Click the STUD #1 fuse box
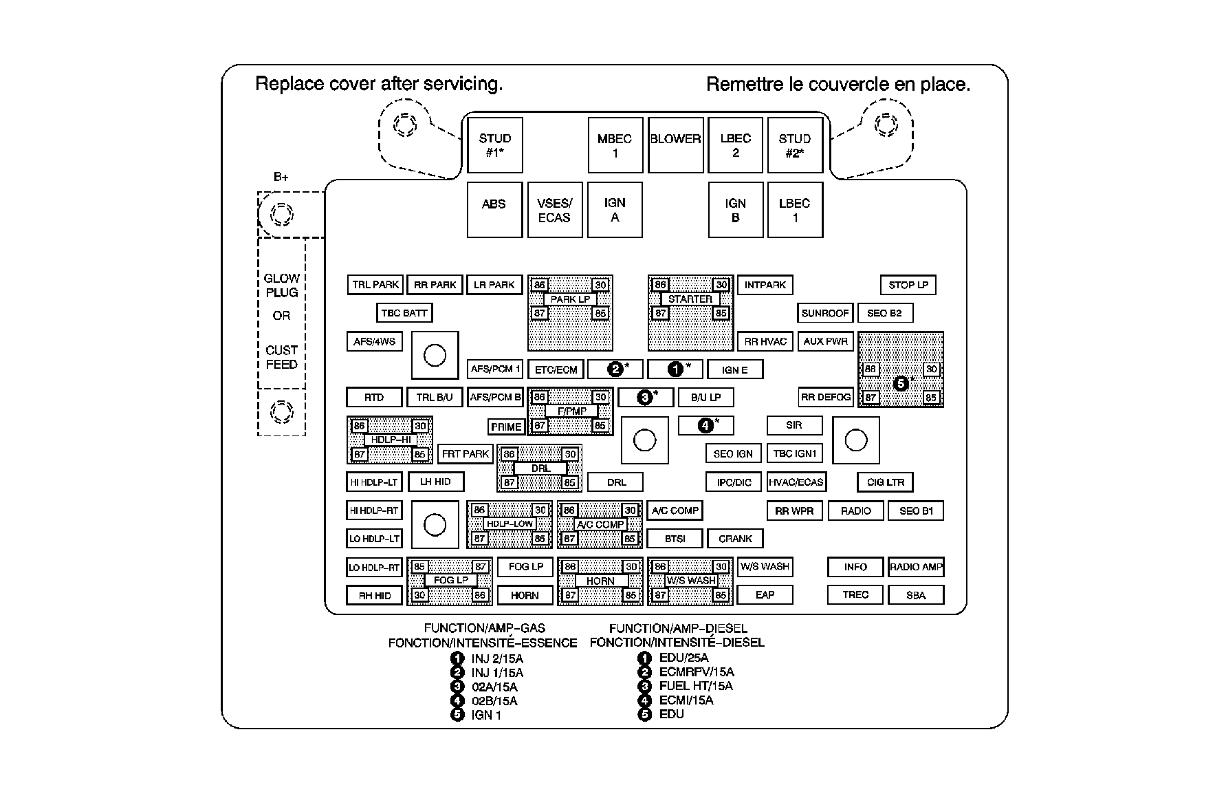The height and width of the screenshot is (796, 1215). pos(494,144)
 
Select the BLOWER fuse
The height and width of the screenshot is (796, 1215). pos(675,144)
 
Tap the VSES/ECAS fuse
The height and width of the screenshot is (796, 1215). pos(554,210)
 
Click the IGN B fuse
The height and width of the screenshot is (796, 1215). pos(735,210)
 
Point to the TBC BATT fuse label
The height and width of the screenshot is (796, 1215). pos(404,313)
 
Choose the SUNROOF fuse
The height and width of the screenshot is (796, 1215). pos(825,313)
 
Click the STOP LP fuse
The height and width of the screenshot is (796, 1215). pos(908,285)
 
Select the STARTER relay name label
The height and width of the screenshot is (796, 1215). pos(690,299)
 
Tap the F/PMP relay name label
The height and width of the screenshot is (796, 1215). pos(572,411)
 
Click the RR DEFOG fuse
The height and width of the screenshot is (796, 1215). pos(825,397)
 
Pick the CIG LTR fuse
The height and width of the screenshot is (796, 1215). pos(886,482)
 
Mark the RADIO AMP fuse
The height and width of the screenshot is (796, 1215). pos(916,567)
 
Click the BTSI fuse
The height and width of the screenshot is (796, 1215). pos(675,539)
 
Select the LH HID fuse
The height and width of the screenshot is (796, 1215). pos(435,482)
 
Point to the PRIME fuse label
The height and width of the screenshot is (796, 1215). pos(506,427)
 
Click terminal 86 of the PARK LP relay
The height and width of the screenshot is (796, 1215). pos(540,285)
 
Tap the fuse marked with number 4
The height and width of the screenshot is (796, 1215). pos(706,425)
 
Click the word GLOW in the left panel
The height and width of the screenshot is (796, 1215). pos(282,279)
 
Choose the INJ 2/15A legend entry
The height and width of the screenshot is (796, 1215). pos(497,658)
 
